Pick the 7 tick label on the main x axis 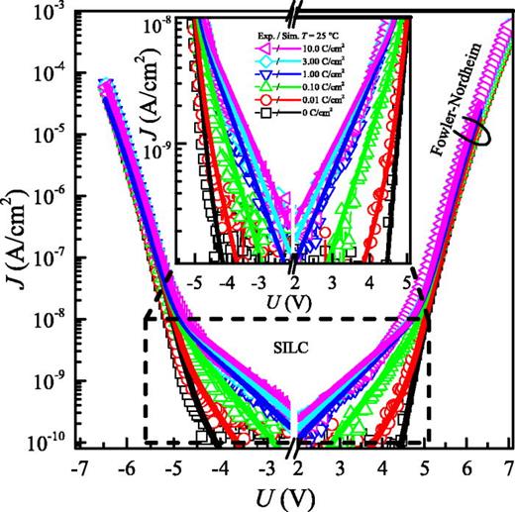click(x=507, y=465)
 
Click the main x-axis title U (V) click(x=294, y=494)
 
